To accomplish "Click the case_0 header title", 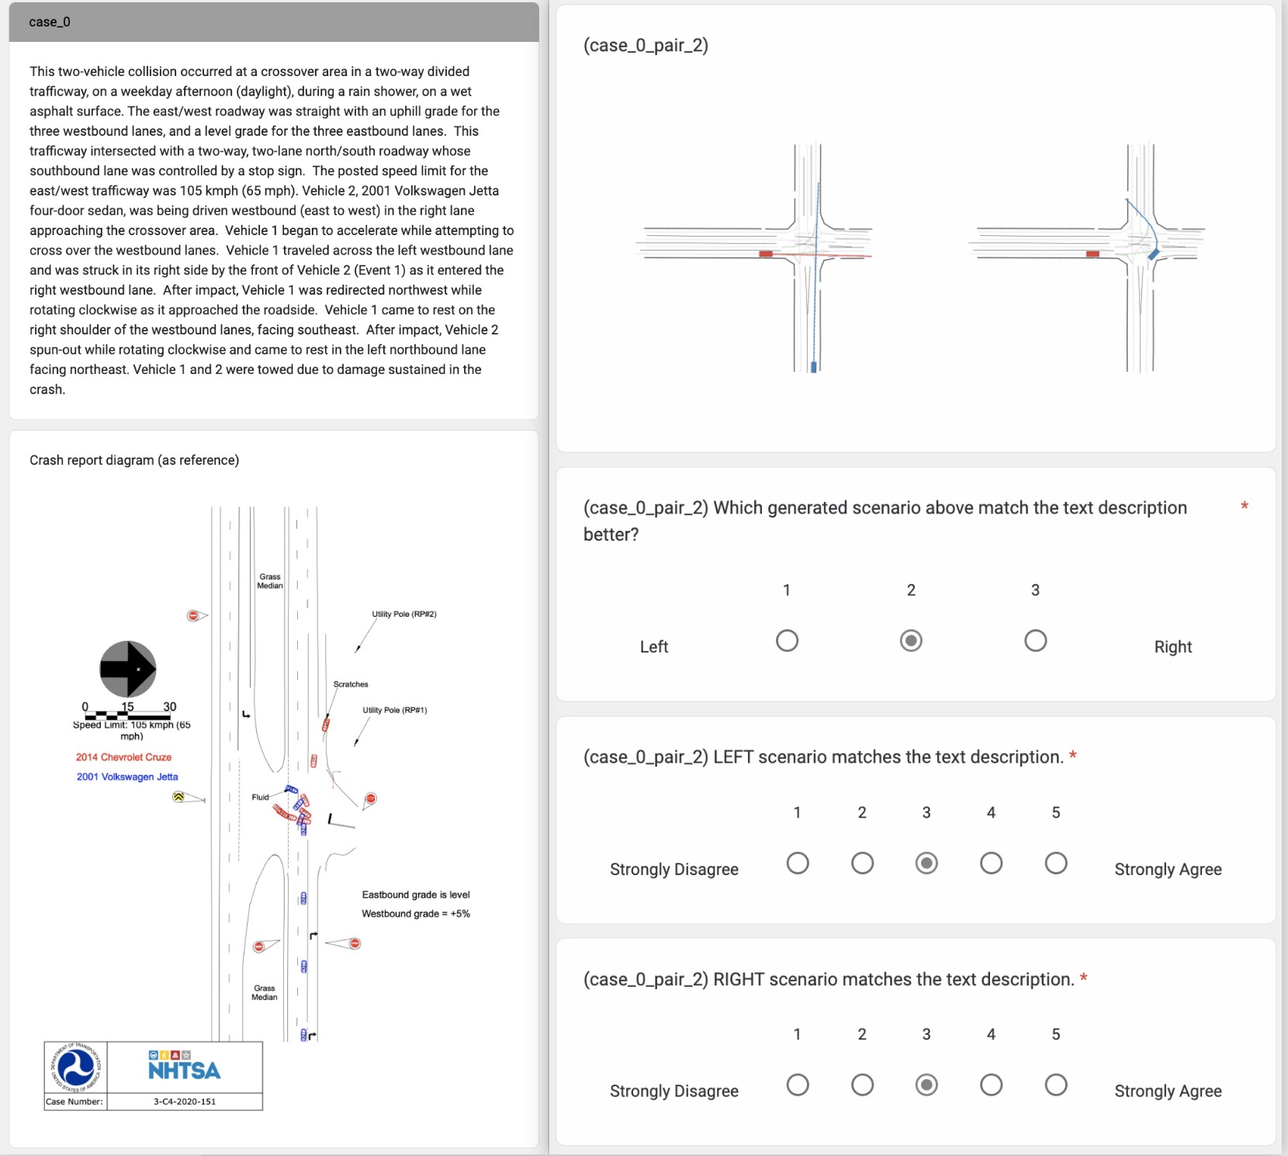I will click(x=50, y=22).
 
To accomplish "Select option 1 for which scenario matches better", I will click(x=787, y=641).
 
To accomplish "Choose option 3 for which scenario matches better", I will click(x=1035, y=641).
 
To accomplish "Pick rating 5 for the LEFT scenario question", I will click(x=1055, y=864).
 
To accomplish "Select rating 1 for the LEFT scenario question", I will click(x=797, y=864).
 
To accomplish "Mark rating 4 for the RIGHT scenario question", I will click(x=991, y=1085).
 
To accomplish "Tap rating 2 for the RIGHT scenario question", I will click(x=862, y=1085).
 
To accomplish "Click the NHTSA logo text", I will click(x=185, y=1070).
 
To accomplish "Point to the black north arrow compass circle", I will click(x=128, y=669).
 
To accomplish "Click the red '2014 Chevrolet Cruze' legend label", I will click(x=123, y=757).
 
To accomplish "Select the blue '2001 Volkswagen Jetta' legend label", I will click(x=127, y=777).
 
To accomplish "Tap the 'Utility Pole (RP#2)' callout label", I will click(x=403, y=614).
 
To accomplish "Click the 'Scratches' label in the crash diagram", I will click(x=351, y=684).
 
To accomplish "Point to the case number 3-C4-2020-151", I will click(x=185, y=1102).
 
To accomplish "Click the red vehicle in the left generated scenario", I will click(x=766, y=254).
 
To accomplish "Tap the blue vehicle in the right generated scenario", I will click(x=1154, y=254).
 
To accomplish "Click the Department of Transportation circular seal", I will click(x=76, y=1068).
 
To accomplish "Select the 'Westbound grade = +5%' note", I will click(x=416, y=914).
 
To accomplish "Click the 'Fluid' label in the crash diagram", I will click(x=260, y=798).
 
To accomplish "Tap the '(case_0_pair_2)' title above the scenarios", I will click(x=646, y=45).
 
